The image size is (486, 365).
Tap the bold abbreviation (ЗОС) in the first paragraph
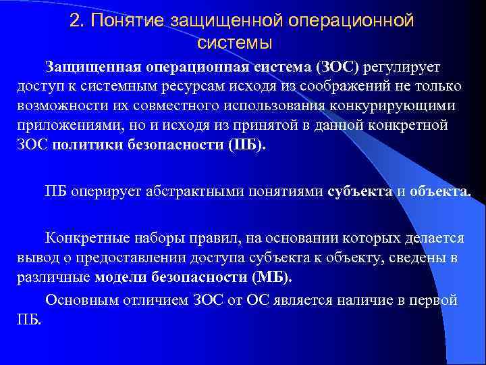coord(338,67)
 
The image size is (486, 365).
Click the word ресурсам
coord(194,87)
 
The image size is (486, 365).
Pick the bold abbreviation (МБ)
coord(271,278)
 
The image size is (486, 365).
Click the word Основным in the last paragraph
coord(78,299)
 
